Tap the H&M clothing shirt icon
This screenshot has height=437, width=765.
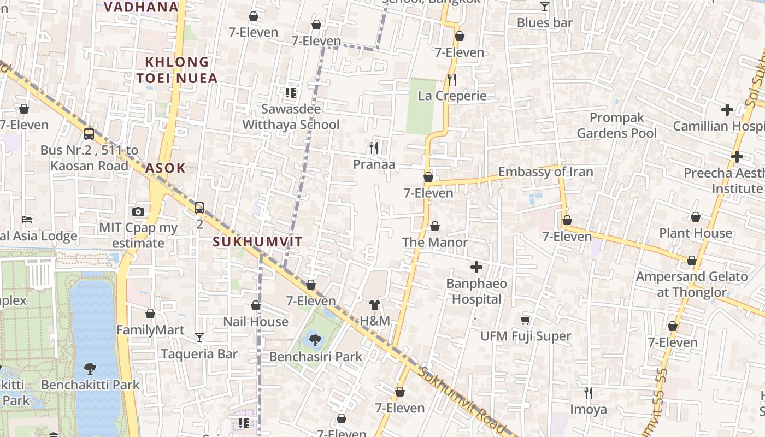click(x=374, y=305)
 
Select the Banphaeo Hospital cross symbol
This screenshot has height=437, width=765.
click(x=476, y=267)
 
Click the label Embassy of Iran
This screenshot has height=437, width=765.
click(x=545, y=172)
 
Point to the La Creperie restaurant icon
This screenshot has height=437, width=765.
click(x=451, y=80)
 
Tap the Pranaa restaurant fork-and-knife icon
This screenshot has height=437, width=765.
click(x=374, y=147)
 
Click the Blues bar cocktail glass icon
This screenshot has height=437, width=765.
click(x=544, y=7)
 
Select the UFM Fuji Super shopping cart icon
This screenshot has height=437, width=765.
click(x=525, y=320)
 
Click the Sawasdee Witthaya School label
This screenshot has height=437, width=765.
click(x=291, y=117)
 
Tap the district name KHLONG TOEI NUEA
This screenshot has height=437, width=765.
click(x=177, y=70)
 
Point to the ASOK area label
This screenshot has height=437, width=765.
click(x=165, y=168)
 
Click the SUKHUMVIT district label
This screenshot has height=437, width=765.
click(x=257, y=242)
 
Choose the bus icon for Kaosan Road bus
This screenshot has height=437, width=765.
click(x=89, y=133)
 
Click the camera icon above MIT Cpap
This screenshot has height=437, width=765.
click(x=138, y=211)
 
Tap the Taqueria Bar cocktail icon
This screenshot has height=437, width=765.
click(x=199, y=338)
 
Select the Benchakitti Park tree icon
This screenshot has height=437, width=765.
click(x=90, y=369)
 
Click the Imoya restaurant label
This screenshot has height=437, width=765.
click(x=588, y=409)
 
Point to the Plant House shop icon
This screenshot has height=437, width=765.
click(x=695, y=217)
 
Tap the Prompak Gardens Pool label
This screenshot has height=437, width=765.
click(x=616, y=126)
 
